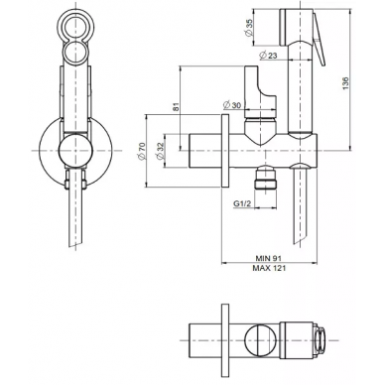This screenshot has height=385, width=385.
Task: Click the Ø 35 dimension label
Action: click(x=249, y=27)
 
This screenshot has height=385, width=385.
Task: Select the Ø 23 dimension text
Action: click(x=268, y=56)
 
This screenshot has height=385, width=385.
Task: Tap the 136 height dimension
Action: click(x=345, y=83)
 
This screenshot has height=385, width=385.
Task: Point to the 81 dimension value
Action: click(x=176, y=106)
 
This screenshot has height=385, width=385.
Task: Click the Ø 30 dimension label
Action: click(x=232, y=105)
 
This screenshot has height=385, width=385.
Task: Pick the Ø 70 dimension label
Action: click(x=142, y=151)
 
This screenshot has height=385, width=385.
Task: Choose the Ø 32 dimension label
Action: click(x=160, y=151)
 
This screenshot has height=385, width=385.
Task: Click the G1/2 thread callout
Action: click(x=242, y=203)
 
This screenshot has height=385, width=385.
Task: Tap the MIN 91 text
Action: click(x=269, y=258)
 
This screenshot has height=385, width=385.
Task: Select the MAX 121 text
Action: click(x=269, y=268)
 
